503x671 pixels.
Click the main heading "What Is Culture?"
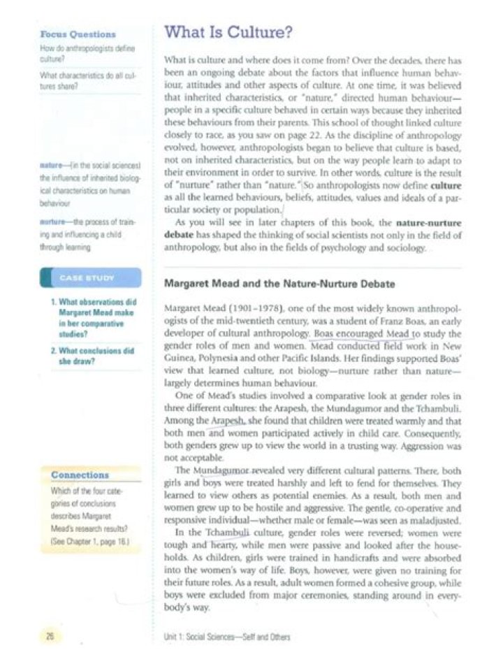pos(227,33)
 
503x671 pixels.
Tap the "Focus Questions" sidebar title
pos(78,34)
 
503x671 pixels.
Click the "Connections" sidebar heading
pos(80,475)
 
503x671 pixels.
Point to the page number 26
pos(51,636)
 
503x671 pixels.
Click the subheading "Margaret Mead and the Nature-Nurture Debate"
pos(279,284)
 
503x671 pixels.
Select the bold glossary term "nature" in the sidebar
pos(52,165)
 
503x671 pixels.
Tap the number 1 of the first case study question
pos(54,301)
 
